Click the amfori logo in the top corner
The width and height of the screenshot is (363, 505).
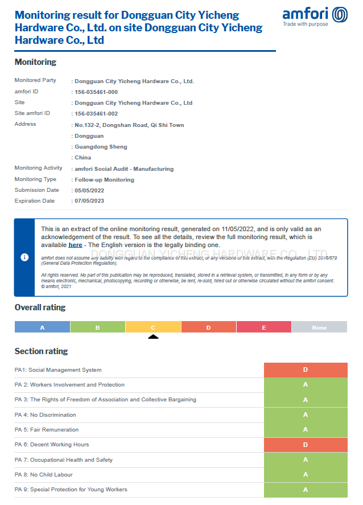(x=315, y=17)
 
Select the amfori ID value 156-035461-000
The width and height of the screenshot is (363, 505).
(x=96, y=92)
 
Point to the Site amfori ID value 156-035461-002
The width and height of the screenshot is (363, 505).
(x=96, y=114)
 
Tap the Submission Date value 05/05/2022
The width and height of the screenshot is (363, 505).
(x=89, y=191)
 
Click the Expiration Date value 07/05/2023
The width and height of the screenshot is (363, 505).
(x=89, y=201)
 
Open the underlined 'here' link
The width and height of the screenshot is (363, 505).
(x=75, y=245)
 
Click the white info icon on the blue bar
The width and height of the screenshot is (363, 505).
(x=24, y=257)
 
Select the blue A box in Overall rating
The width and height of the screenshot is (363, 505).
(x=42, y=327)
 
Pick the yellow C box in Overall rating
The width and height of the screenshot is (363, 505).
(x=153, y=327)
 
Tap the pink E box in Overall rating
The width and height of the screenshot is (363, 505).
(x=264, y=327)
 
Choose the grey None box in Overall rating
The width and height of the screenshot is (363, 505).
(x=319, y=327)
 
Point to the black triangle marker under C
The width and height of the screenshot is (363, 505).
(x=153, y=336)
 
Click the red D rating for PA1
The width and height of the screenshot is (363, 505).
(x=306, y=370)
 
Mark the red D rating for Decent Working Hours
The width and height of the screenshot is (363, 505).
(x=306, y=445)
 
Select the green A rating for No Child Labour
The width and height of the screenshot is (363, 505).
(x=306, y=475)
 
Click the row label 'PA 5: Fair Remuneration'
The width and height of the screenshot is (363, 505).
(x=47, y=430)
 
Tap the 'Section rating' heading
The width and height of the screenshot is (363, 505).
(x=41, y=351)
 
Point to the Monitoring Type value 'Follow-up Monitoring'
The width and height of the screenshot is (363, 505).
(x=105, y=180)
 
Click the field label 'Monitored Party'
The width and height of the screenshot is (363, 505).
(x=35, y=81)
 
